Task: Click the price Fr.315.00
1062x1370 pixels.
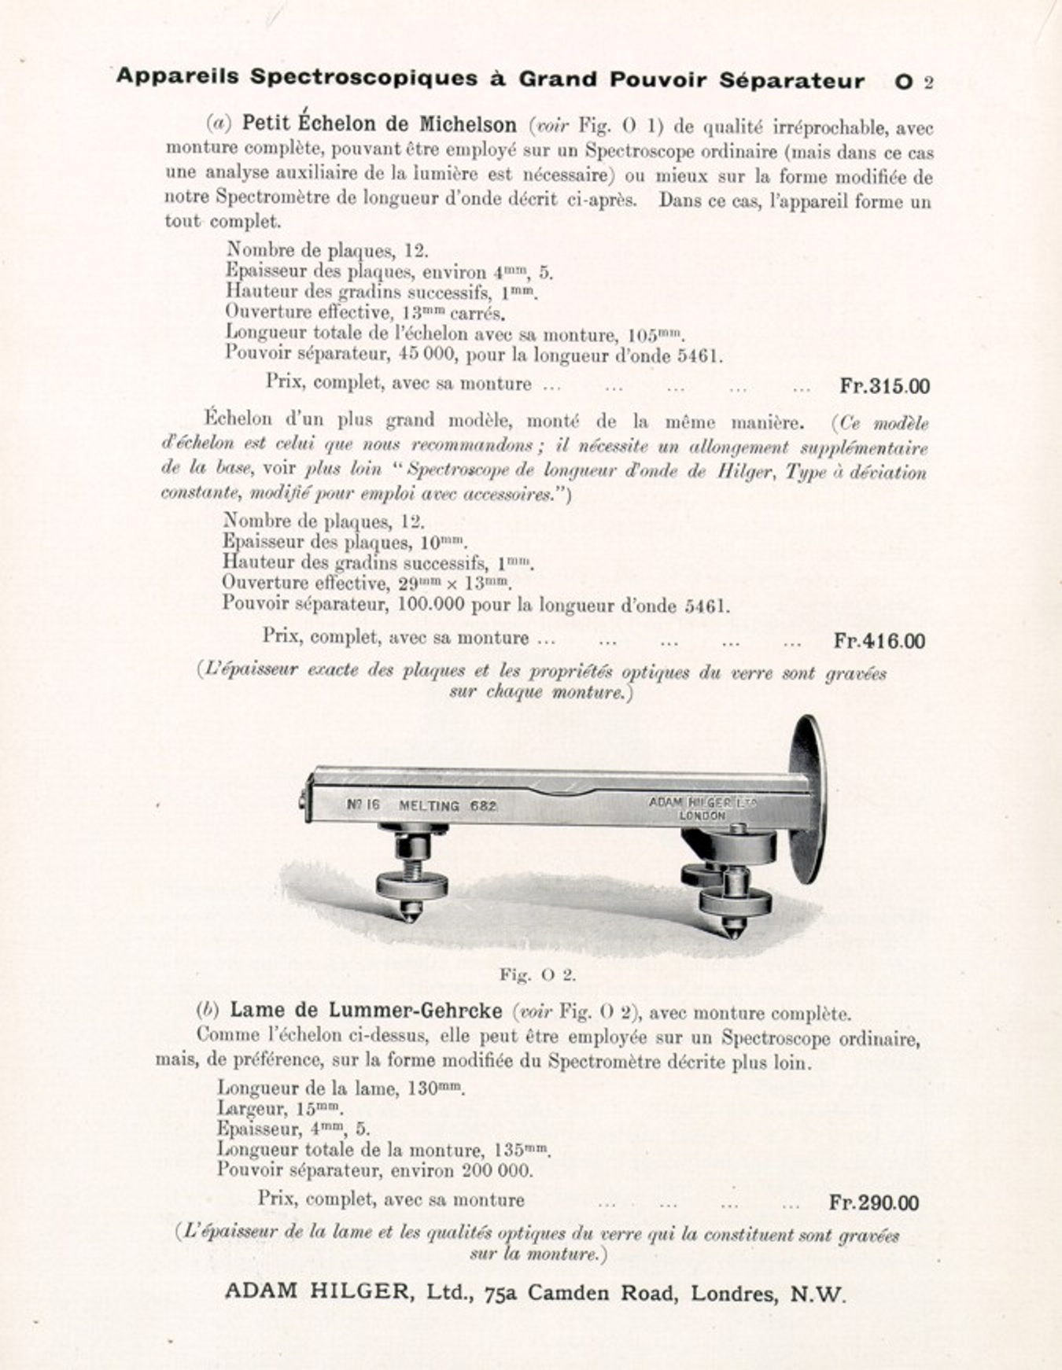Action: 884,386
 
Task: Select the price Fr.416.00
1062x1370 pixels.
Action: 879,641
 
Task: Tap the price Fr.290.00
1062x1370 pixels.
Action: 873,1202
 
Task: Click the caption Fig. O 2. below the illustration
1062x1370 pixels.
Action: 538,975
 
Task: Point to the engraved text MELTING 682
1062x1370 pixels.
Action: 448,805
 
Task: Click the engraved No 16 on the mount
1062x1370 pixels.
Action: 363,805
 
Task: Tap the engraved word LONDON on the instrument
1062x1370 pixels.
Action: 702,816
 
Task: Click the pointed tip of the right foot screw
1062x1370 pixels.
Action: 732,932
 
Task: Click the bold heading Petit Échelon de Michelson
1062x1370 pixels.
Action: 379,124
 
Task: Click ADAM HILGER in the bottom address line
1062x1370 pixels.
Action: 317,1291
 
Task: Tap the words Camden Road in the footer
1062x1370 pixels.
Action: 603,1292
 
